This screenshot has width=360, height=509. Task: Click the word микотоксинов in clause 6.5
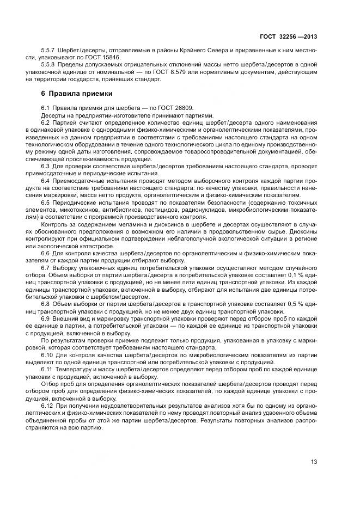pos(80,209)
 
